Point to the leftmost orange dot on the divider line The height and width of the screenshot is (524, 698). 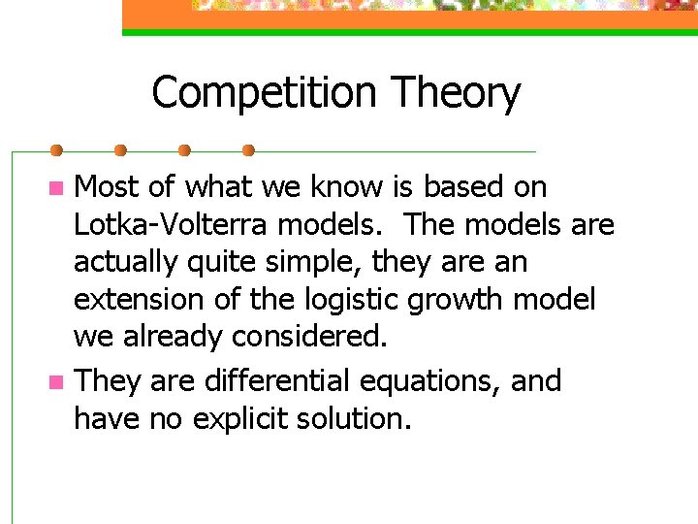pos(56,150)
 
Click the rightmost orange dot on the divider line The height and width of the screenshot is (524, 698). pos(248,150)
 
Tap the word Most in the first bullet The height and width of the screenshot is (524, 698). pos(108,186)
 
